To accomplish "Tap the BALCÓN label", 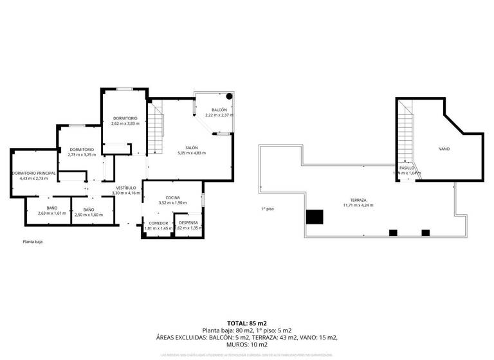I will click(x=219, y=110).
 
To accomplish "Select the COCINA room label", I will click(x=172, y=197).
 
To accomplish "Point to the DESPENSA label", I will click(x=188, y=222).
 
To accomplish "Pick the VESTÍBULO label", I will click(x=125, y=188).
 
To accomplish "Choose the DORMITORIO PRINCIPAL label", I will click(x=33, y=173).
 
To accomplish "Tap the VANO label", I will click(x=444, y=148).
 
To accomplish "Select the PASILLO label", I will click(x=407, y=168).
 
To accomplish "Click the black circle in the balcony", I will click(x=229, y=97).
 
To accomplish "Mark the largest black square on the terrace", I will click(x=314, y=217).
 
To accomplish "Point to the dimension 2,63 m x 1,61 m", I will click(x=52, y=213).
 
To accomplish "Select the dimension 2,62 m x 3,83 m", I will click(x=125, y=123).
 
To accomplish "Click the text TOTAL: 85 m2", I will click(x=247, y=323).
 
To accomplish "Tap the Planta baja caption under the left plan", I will click(x=33, y=242).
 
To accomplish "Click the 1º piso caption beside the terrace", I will click(x=268, y=209).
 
